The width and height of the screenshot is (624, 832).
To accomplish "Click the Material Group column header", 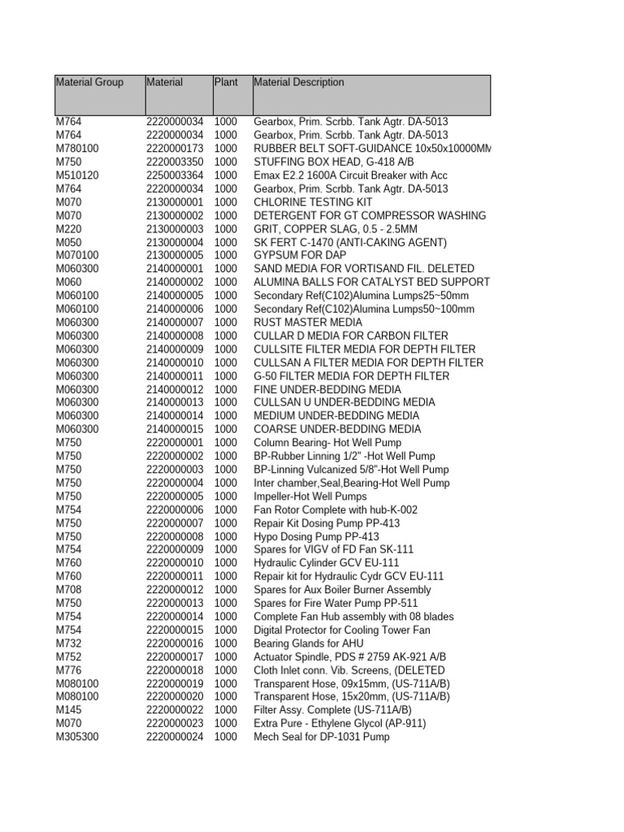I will [x=89, y=82].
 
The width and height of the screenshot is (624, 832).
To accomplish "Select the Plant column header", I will [x=225, y=82].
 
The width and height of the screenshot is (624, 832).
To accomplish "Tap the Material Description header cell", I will [x=299, y=82].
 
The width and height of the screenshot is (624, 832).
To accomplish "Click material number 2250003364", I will [x=175, y=175].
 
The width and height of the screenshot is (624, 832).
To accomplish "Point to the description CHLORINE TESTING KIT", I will [x=314, y=202].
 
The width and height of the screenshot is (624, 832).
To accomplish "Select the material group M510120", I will [x=77, y=175].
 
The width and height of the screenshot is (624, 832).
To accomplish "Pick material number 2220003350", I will [x=175, y=162].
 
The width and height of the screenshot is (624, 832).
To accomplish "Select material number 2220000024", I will [x=175, y=737].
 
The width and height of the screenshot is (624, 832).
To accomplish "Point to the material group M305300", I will [x=77, y=737].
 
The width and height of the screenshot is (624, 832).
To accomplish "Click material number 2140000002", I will [x=175, y=282].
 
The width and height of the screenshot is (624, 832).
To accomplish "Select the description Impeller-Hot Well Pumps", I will [x=310, y=496].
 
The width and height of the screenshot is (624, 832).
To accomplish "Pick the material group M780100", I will [x=77, y=149].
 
